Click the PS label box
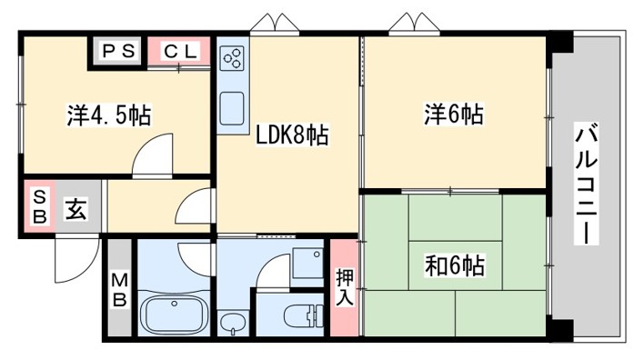click(x=116, y=52)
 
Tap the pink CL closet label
click(x=179, y=52)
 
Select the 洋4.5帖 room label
click(x=108, y=115)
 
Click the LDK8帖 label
click(x=288, y=136)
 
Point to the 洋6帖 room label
click(x=452, y=115)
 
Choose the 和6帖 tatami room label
click(x=454, y=266)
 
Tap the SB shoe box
click(x=39, y=209)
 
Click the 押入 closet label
click(x=344, y=286)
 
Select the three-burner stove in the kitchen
click(x=231, y=59)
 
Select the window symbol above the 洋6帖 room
click(x=408, y=23)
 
